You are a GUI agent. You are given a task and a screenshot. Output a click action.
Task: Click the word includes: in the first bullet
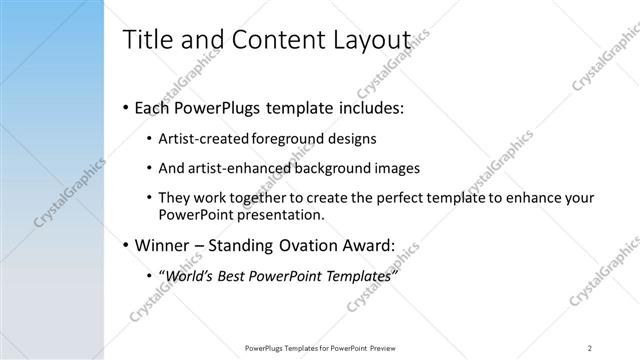366,106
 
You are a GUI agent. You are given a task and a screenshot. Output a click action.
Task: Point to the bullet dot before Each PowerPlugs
124,107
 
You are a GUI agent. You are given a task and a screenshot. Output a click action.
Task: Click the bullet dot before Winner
124,246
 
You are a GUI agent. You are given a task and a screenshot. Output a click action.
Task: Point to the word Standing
248,246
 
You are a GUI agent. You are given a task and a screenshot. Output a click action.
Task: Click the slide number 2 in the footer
591,347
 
